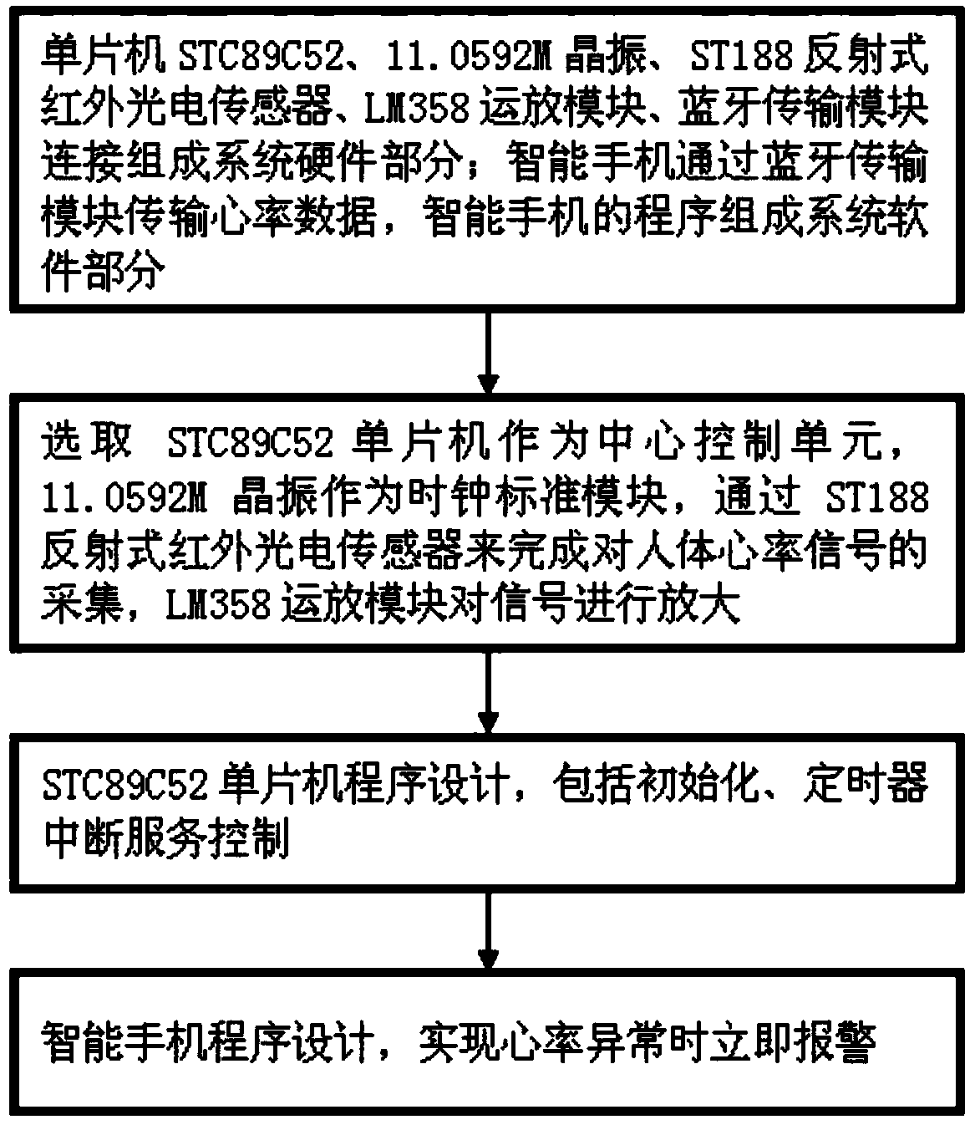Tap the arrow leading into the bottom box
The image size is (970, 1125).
[487, 928]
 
